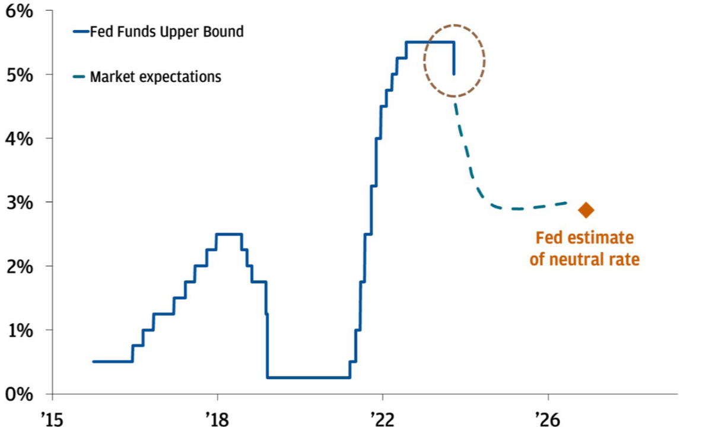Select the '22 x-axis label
[x=382, y=417]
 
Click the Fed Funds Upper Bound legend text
[x=166, y=31]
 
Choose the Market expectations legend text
[x=155, y=77]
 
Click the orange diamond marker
[x=586, y=210]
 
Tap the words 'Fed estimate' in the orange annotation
[x=584, y=238]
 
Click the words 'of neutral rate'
[x=584, y=259]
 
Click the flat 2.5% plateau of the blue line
[x=229, y=234]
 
